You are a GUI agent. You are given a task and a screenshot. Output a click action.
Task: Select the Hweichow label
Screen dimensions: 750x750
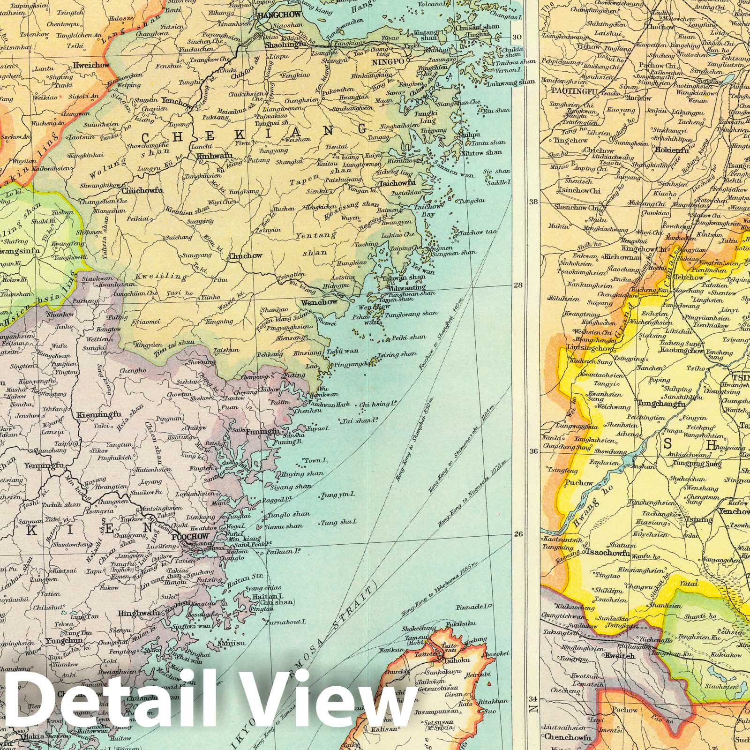pyautogui.click(x=91, y=66)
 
